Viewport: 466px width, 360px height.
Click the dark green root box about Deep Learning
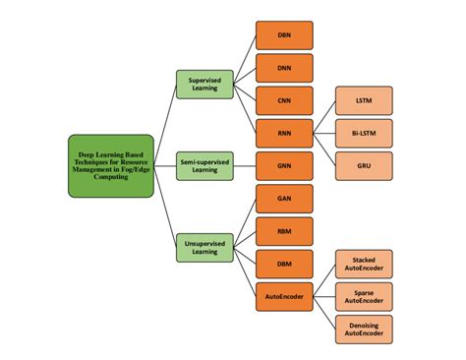(111, 165)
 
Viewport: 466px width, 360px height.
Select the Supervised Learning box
(204, 85)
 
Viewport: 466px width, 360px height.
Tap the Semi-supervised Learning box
(204, 165)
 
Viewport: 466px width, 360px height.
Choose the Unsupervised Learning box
(204, 246)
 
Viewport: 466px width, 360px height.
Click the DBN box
(284, 35)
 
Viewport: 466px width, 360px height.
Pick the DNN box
(284, 68)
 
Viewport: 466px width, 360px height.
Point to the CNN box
(284, 100)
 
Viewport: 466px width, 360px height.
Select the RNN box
(284, 133)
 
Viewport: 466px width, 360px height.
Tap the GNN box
(284, 165)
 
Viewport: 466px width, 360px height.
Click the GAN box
(284, 198)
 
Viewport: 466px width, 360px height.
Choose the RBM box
(284, 230)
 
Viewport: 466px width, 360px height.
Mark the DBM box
(284, 263)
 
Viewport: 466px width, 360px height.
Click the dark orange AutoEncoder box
(284, 295)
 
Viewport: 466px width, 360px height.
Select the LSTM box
(364, 100)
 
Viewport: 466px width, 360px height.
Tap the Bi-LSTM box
(364, 133)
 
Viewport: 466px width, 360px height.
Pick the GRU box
(364, 165)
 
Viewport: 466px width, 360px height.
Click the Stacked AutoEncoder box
(364, 264)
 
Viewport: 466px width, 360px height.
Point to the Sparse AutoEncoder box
(364, 295)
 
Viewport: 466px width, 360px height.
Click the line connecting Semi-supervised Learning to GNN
(244, 165)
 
